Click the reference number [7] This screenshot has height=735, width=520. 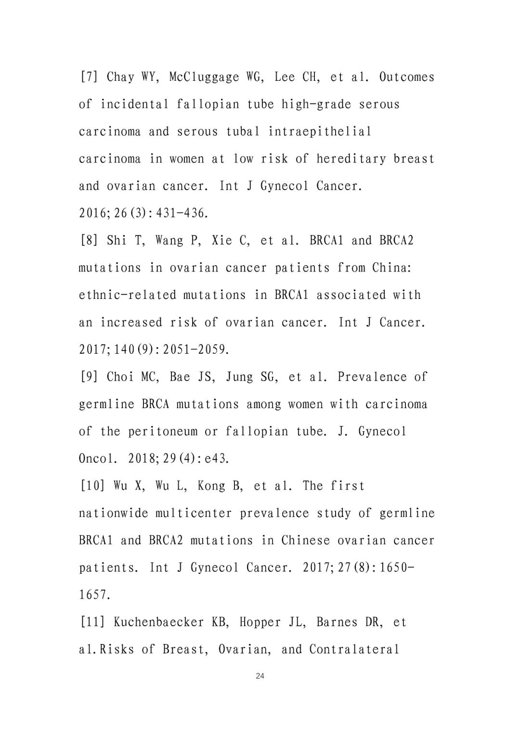coord(89,77)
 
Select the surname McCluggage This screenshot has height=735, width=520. coord(204,77)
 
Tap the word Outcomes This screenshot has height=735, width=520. coord(406,77)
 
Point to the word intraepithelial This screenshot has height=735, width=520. coord(320,131)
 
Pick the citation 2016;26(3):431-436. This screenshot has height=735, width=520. coord(143,213)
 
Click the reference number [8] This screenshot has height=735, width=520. coord(89,240)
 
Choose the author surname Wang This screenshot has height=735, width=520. coord(169,240)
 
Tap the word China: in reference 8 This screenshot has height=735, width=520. coord(392,268)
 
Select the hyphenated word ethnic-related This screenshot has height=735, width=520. coord(128,295)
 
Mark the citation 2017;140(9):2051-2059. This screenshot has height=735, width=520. coord(154,349)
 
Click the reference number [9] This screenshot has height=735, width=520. coord(89,376)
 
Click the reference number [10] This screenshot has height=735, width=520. coord(92,486)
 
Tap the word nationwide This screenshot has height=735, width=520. coord(114,513)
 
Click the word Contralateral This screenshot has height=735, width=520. coord(354,649)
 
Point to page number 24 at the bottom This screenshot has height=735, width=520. coord(260,676)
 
